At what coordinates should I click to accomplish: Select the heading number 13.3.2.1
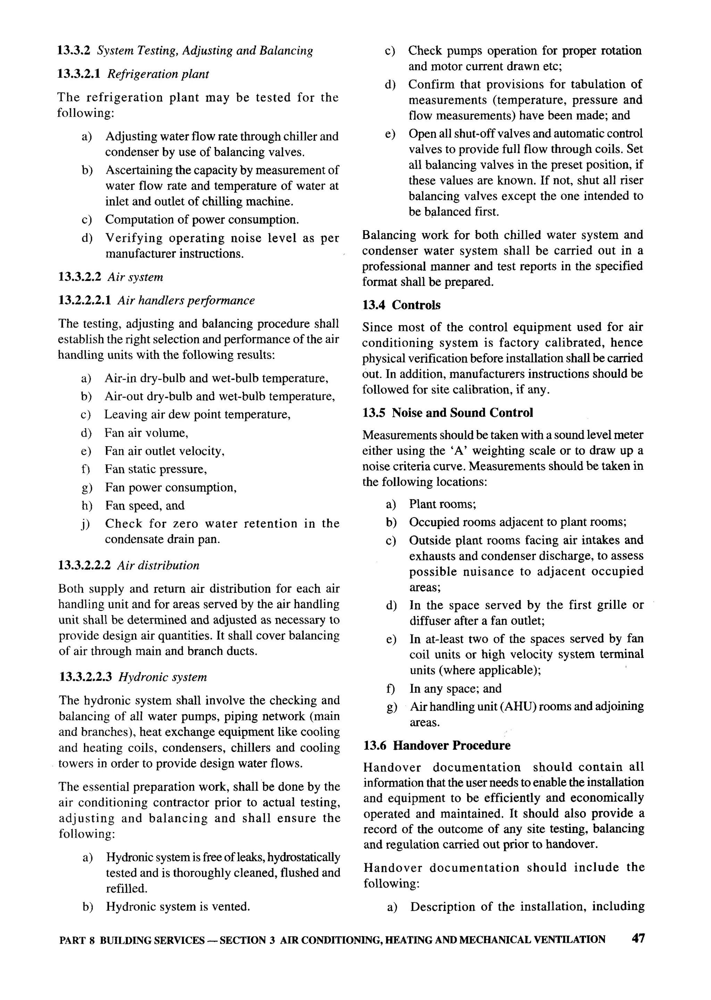(79, 74)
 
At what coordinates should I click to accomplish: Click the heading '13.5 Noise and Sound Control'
(447, 413)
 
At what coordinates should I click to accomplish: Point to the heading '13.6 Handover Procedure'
(436, 745)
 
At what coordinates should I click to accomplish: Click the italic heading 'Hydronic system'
(162, 677)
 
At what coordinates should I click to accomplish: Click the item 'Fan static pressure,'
(156, 469)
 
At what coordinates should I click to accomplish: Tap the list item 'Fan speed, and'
(144, 505)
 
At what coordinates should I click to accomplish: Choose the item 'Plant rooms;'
(442, 505)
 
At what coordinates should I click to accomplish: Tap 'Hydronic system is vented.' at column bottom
(178, 907)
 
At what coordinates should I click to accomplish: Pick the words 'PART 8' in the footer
(77, 940)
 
